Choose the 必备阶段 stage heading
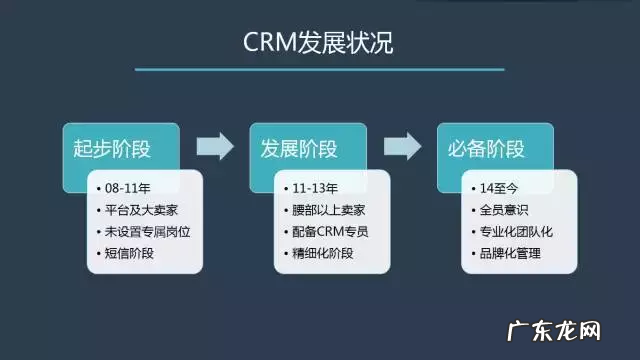(x=481, y=150)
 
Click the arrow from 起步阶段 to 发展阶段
(x=214, y=147)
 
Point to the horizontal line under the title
(x=320, y=70)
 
